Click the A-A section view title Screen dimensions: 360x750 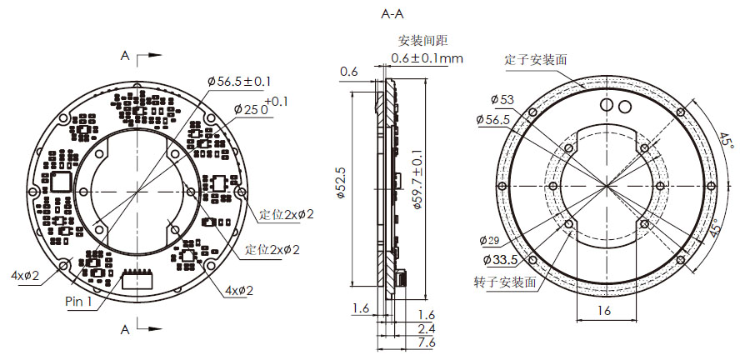tap(392, 14)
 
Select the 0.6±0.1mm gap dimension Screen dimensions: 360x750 tap(427, 58)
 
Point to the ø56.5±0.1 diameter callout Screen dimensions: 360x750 tap(239, 81)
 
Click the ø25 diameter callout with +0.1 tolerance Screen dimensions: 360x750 tap(252, 108)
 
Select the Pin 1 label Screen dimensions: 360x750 tap(79, 302)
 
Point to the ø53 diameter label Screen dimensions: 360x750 tap(502, 100)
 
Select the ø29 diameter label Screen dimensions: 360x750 tap(491, 241)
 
